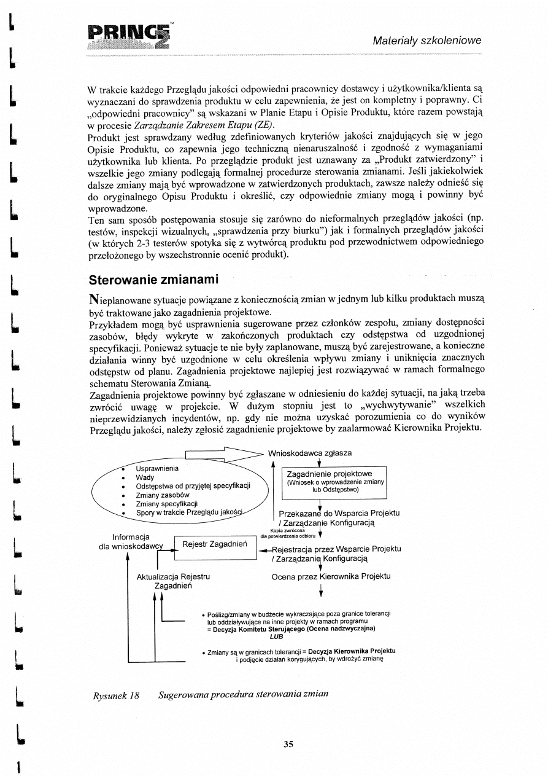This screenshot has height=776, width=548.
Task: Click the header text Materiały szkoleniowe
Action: click(427, 41)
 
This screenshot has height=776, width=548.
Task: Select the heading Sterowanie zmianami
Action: click(154, 280)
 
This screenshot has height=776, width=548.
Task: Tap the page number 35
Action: click(288, 744)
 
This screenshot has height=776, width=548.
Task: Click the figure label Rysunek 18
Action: click(116, 694)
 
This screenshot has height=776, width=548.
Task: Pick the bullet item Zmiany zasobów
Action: click(162, 495)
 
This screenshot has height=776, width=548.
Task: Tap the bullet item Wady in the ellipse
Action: click(145, 477)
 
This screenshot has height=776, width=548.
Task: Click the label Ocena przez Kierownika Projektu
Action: click(331, 576)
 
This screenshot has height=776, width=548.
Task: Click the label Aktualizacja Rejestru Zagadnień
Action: click(173, 581)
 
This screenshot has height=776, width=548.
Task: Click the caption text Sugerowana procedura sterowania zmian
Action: click(243, 694)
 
